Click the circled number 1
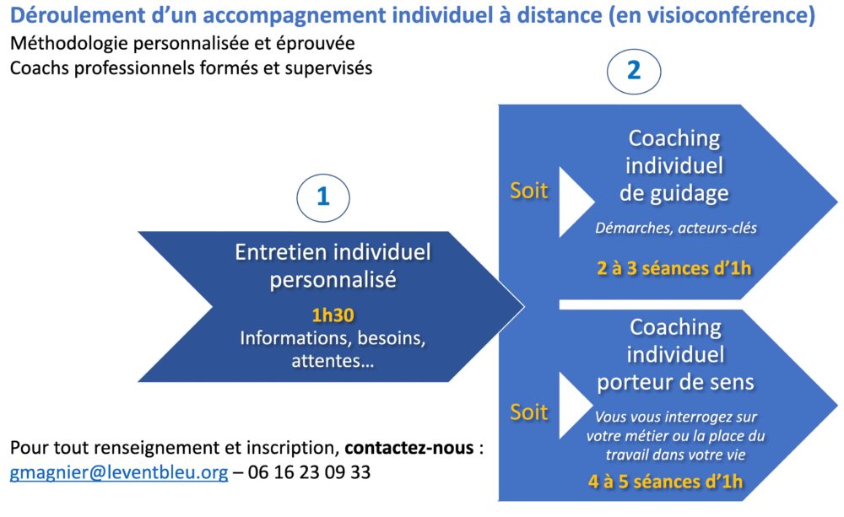click(x=323, y=197)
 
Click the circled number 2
click(x=634, y=71)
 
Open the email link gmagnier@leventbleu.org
click(x=119, y=471)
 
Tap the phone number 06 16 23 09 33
click(x=309, y=471)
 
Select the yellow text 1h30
click(x=333, y=315)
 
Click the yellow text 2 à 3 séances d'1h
click(x=674, y=268)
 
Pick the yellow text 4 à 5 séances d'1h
click(x=665, y=481)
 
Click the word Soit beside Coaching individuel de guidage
click(x=529, y=191)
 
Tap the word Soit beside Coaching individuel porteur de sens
click(x=529, y=412)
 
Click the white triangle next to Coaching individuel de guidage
click(x=572, y=202)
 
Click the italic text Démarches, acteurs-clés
click(x=676, y=228)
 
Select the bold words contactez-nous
click(x=409, y=448)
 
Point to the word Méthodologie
click(x=69, y=44)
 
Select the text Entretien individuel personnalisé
click(x=333, y=266)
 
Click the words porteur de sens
click(x=675, y=382)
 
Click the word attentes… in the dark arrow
click(x=333, y=360)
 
